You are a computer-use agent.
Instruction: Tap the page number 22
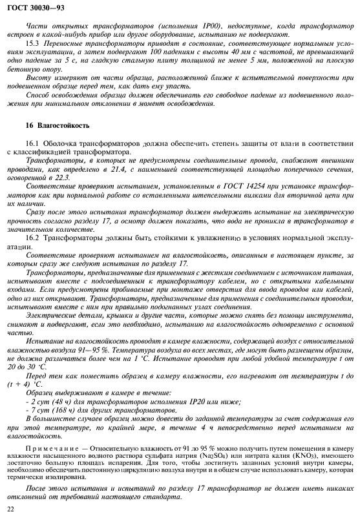[x=10, y=509]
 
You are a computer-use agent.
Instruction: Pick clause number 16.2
[x=33, y=237]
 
